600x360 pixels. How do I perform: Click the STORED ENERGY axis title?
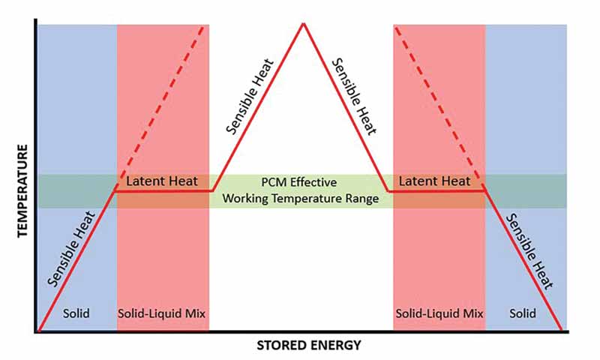(x=309, y=346)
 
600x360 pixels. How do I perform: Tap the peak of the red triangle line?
(x=303, y=24)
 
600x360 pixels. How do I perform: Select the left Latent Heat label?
(x=161, y=181)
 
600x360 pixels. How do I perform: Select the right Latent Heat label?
(x=435, y=181)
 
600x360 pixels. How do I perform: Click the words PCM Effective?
(x=299, y=182)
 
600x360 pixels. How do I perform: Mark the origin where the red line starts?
(x=37, y=330)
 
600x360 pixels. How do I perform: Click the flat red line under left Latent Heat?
(x=163, y=191)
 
